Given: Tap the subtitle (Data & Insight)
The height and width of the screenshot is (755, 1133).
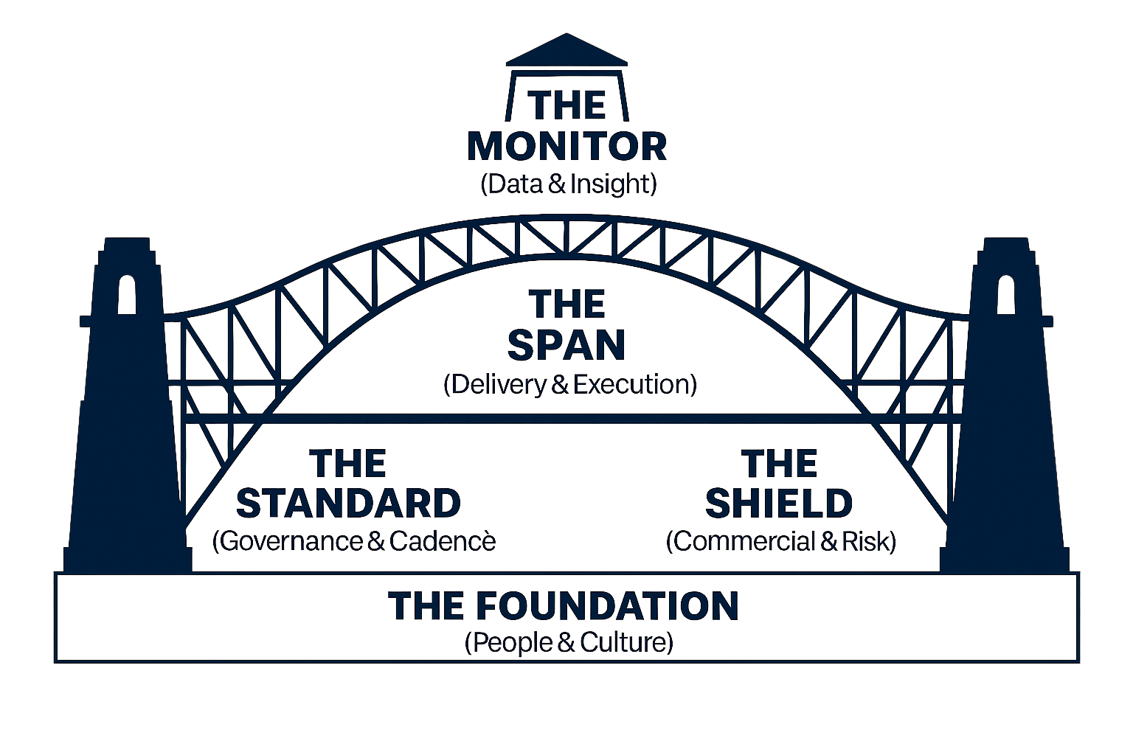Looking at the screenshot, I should coord(566,184).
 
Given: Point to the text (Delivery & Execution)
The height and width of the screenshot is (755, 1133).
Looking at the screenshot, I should coord(569,384).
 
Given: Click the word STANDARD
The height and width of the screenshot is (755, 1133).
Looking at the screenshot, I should coord(348,503).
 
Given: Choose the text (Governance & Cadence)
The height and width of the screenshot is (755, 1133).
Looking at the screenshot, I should coord(354,541).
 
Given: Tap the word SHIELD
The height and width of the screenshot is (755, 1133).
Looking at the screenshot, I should coord(779,503).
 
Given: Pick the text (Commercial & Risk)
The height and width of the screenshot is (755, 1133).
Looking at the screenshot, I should coord(781,541).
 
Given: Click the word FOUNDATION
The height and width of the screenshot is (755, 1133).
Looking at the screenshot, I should coord(607,606).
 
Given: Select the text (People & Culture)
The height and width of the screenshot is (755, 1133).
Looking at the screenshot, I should coord(569,643).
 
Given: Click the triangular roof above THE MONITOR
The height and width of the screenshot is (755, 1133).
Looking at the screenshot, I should coord(566,52).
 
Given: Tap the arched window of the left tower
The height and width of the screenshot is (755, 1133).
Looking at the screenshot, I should coord(127,295).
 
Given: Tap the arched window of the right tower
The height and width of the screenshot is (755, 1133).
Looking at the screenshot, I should coord(1005,295).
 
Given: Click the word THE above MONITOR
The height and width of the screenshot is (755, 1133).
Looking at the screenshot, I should coord(568,105).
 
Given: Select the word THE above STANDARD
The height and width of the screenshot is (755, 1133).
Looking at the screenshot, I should coord(348,464).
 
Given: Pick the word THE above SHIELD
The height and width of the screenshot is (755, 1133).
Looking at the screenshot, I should coord(780,464).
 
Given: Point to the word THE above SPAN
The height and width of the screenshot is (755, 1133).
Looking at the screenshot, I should coord(566,304).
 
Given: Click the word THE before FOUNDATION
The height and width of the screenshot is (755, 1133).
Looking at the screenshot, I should coord(428,606).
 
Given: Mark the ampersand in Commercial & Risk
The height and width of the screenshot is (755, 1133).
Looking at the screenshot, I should coord(830,542).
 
